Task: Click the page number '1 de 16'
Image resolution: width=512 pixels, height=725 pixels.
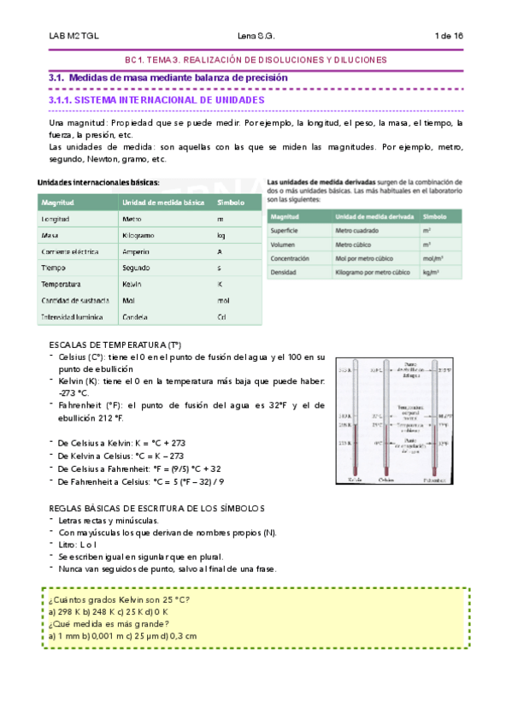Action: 449,36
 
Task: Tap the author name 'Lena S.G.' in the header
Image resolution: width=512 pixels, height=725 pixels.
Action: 256,36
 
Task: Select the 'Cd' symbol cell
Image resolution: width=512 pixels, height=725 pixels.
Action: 221,317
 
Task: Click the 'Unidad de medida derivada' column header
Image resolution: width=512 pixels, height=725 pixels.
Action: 373,218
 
